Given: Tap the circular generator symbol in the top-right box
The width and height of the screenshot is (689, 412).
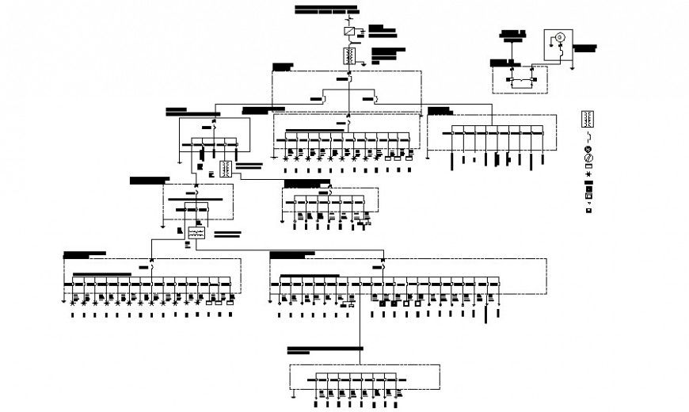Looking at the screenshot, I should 557,38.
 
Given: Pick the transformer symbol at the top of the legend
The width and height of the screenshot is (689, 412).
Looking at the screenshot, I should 588,118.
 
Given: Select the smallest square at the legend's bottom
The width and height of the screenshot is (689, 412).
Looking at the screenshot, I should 588,212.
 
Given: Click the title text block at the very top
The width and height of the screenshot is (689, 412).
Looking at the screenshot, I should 326,10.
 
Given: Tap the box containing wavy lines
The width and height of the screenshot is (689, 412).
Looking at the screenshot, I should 196,233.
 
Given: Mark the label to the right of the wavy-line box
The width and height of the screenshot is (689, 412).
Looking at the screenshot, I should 227,234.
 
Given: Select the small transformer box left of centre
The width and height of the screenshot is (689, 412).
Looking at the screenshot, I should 226,169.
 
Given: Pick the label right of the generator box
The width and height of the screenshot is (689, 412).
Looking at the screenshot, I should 584,48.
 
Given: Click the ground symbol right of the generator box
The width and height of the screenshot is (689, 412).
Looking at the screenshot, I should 571,68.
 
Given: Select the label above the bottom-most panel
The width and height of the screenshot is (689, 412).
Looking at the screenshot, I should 309,349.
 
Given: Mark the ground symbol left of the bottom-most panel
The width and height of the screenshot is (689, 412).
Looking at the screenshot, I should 293,391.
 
